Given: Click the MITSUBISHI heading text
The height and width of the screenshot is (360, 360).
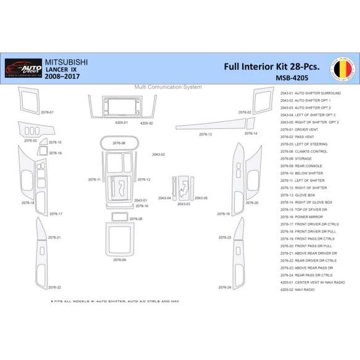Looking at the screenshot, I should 66,62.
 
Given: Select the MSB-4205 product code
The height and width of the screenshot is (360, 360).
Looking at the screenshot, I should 292,78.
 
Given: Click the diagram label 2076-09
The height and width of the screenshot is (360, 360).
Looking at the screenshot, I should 120,260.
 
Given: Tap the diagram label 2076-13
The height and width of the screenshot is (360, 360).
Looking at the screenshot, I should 205,134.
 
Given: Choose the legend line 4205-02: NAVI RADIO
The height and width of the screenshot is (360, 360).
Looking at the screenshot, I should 297,289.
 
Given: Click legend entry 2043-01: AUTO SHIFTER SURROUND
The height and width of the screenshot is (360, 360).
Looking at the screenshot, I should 310,93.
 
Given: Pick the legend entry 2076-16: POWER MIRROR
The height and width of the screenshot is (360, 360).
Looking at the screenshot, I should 303,217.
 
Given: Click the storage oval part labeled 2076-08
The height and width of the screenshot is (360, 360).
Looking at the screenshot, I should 119,143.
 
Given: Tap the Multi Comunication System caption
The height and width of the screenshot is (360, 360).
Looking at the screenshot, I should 168,87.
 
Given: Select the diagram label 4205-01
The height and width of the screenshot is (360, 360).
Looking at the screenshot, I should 121,123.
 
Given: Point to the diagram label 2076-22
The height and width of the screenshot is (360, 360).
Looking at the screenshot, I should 54,287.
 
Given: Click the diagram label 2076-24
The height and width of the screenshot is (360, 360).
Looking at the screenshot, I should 224,287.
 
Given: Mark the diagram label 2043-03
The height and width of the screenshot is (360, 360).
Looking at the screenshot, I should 183,203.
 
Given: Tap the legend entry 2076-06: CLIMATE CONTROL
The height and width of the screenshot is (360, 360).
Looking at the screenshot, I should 303,151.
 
